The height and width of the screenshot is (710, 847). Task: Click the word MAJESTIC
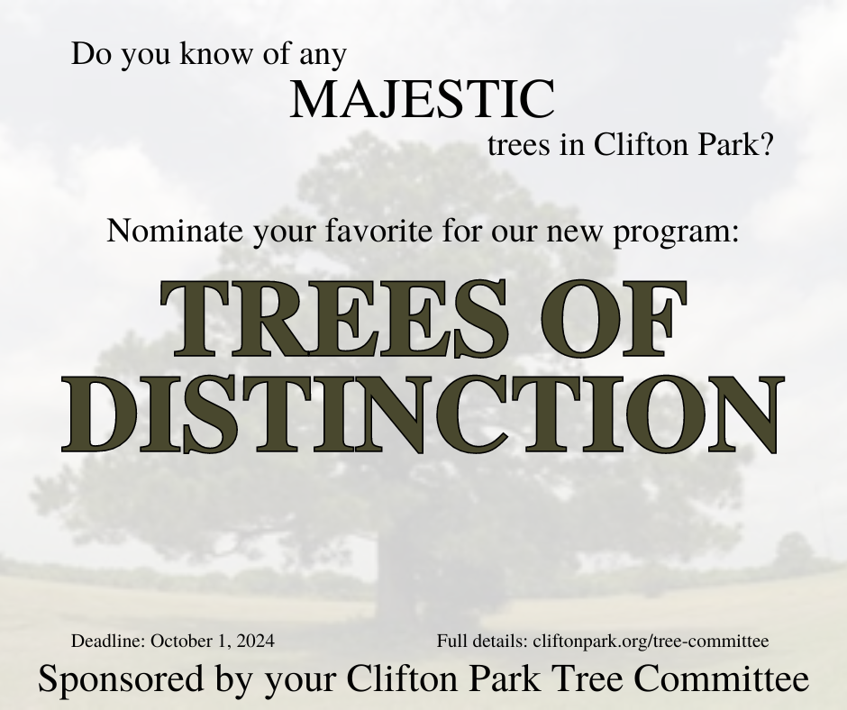pos(423,99)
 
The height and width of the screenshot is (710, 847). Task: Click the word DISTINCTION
pos(423,414)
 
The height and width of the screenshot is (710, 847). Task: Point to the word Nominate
pos(175,231)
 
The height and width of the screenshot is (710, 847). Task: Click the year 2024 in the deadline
pos(256,641)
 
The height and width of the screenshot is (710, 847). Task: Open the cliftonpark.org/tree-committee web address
pos(651,642)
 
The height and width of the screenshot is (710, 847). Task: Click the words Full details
pos(482,641)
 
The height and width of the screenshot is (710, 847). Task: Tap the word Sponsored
pos(121,678)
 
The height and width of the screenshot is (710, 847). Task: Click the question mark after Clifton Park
pos(768,145)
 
